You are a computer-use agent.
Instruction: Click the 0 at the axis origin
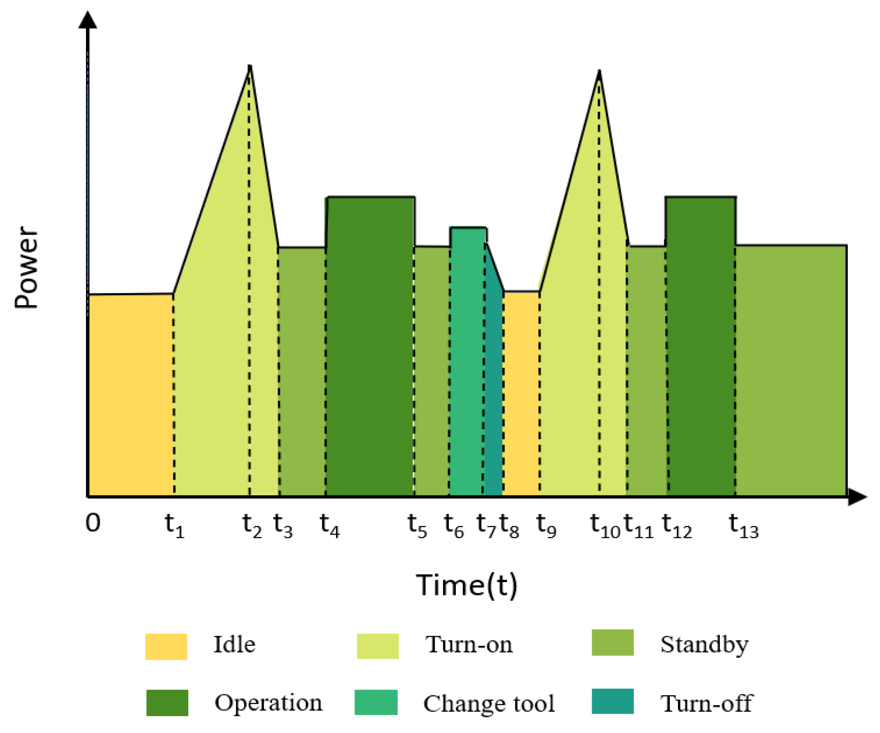coord(93,523)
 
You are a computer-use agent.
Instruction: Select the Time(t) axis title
coord(467,585)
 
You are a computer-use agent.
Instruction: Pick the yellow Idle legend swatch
coord(166,646)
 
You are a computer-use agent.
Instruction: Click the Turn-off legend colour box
coord(612,701)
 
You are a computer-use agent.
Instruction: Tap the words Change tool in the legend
coord(489,703)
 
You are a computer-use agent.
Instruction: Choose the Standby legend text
coord(704,644)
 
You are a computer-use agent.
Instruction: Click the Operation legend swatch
coord(167,703)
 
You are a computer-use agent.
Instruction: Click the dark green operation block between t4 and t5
coord(370,344)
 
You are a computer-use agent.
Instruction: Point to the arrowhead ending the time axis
coord(857,497)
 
